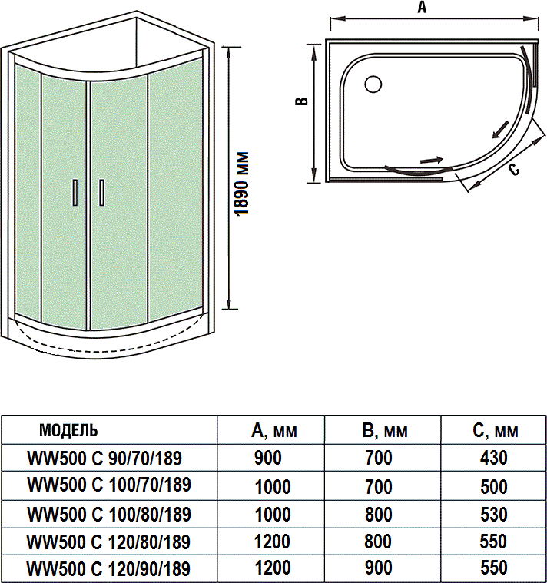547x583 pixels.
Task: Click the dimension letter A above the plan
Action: tap(421, 8)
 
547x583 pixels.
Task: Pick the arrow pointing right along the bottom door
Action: tap(432, 161)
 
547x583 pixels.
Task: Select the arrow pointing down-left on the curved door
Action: tap(500, 127)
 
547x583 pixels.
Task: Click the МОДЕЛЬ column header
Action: tap(68, 429)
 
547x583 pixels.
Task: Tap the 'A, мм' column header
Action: tap(274, 429)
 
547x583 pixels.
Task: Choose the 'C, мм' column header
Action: tap(495, 429)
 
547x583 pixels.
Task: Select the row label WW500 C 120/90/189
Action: tap(108, 569)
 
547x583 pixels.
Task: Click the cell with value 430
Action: tap(493, 459)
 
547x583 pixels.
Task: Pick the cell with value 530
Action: tap(493, 514)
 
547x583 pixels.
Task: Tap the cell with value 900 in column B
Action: tap(378, 569)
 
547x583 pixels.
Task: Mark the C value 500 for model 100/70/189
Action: tap(493, 486)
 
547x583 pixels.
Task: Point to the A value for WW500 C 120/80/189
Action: tap(272, 542)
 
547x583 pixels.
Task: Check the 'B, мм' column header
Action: tap(384, 429)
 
